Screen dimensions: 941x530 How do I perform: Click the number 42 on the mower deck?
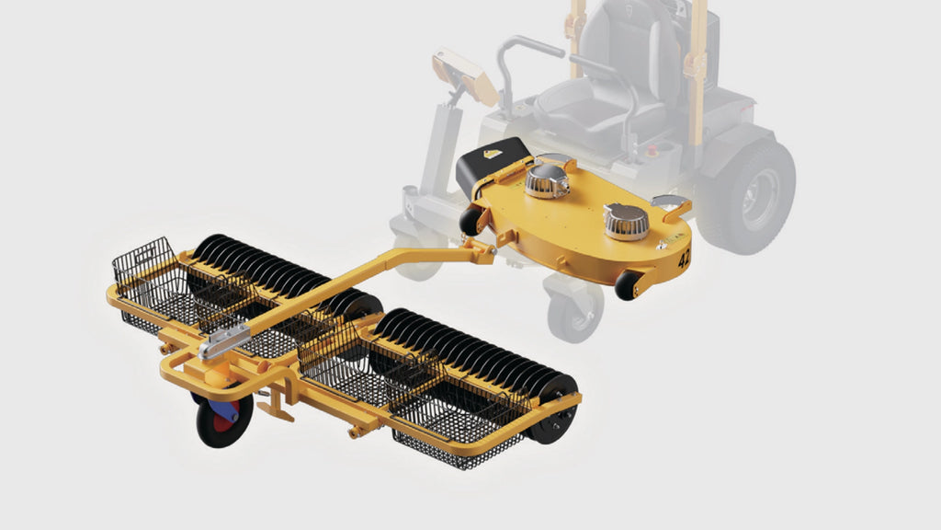(x=684, y=258)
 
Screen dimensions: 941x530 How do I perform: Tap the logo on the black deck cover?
(x=493, y=154)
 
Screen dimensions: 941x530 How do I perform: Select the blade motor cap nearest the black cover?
(x=546, y=180)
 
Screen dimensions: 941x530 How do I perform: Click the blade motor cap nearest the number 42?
(x=626, y=221)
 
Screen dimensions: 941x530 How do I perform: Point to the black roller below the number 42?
(x=627, y=285)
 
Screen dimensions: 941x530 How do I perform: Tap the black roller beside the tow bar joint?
(x=470, y=222)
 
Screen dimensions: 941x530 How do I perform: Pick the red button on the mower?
(x=653, y=152)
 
